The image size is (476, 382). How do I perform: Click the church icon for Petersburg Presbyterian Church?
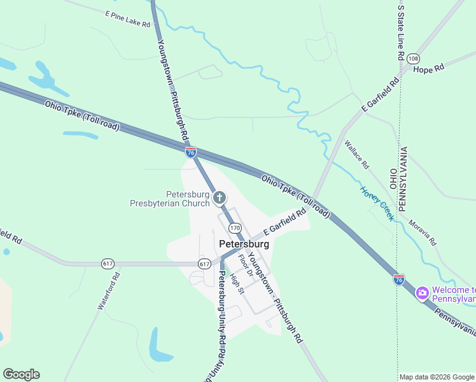(220, 198)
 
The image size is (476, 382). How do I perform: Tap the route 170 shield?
(235, 228)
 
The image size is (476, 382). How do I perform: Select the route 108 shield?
(414, 57)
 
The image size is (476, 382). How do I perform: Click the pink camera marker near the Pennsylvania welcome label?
(421, 294)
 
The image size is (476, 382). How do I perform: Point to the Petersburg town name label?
(244, 244)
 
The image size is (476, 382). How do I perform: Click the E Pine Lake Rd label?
(128, 18)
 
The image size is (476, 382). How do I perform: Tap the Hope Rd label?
(428, 69)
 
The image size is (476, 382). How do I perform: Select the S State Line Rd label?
(401, 31)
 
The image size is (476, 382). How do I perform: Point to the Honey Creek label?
(378, 203)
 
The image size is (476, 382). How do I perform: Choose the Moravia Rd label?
(423, 232)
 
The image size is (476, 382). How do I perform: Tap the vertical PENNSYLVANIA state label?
(403, 180)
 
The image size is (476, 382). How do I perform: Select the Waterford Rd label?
(109, 291)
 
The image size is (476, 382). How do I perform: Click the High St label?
(237, 283)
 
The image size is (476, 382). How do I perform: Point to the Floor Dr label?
(246, 265)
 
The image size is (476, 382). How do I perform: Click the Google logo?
(21, 374)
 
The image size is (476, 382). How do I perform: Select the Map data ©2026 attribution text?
(437, 377)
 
